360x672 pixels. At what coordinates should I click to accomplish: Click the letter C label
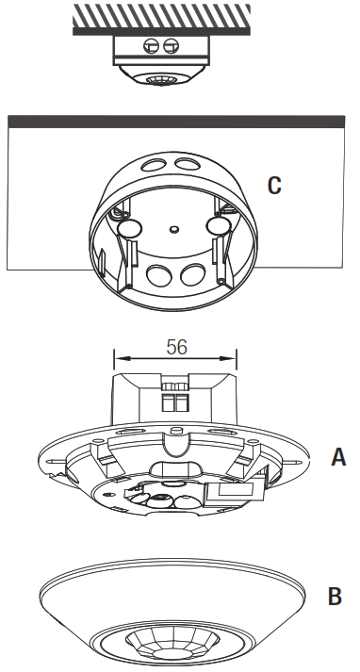[x=274, y=186]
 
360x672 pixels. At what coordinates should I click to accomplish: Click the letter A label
[x=338, y=457]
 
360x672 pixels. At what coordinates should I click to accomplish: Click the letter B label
[x=335, y=596]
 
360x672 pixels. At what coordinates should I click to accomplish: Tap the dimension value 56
[x=177, y=347]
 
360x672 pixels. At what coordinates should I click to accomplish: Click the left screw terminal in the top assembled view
[x=151, y=45]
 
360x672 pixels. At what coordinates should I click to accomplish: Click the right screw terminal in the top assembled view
[x=171, y=45]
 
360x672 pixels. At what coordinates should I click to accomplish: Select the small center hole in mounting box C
[x=173, y=230]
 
